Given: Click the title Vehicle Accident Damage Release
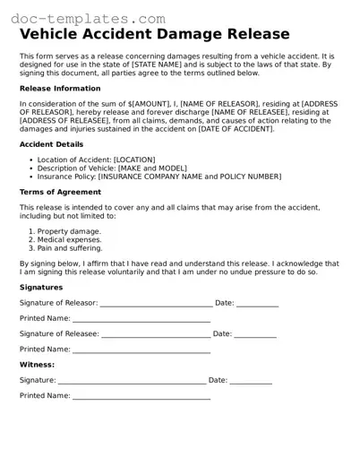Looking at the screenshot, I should [x=154, y=35].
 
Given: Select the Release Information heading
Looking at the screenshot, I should [x=60, y=89].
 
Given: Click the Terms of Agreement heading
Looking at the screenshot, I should [x=60, y=192].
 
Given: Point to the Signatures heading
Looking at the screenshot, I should [x=41, y=288].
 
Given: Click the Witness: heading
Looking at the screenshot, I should [x=37, y=365].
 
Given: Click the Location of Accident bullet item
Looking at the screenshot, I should [x=96, y=160].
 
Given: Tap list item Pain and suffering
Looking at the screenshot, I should [x=70, y=247].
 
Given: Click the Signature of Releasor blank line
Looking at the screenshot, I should [x=157, y=306].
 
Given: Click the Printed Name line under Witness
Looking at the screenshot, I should [x=141, y=398].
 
